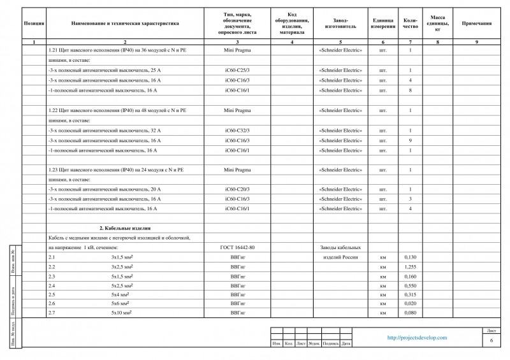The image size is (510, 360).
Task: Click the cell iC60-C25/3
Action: [237, 69]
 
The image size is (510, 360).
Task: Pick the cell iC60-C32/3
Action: [237, 130]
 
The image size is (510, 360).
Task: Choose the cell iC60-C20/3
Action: [237, 189]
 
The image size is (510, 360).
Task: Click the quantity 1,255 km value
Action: [411, 266]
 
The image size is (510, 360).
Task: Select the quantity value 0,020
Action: [411, 304]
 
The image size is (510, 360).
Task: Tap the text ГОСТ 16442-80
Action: [237, 247]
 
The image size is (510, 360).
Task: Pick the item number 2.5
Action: [52, 294]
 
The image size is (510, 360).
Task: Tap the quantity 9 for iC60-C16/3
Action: [410, 140]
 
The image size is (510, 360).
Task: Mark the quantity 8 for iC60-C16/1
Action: [410, 90]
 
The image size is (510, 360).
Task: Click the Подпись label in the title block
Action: [331, 345]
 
